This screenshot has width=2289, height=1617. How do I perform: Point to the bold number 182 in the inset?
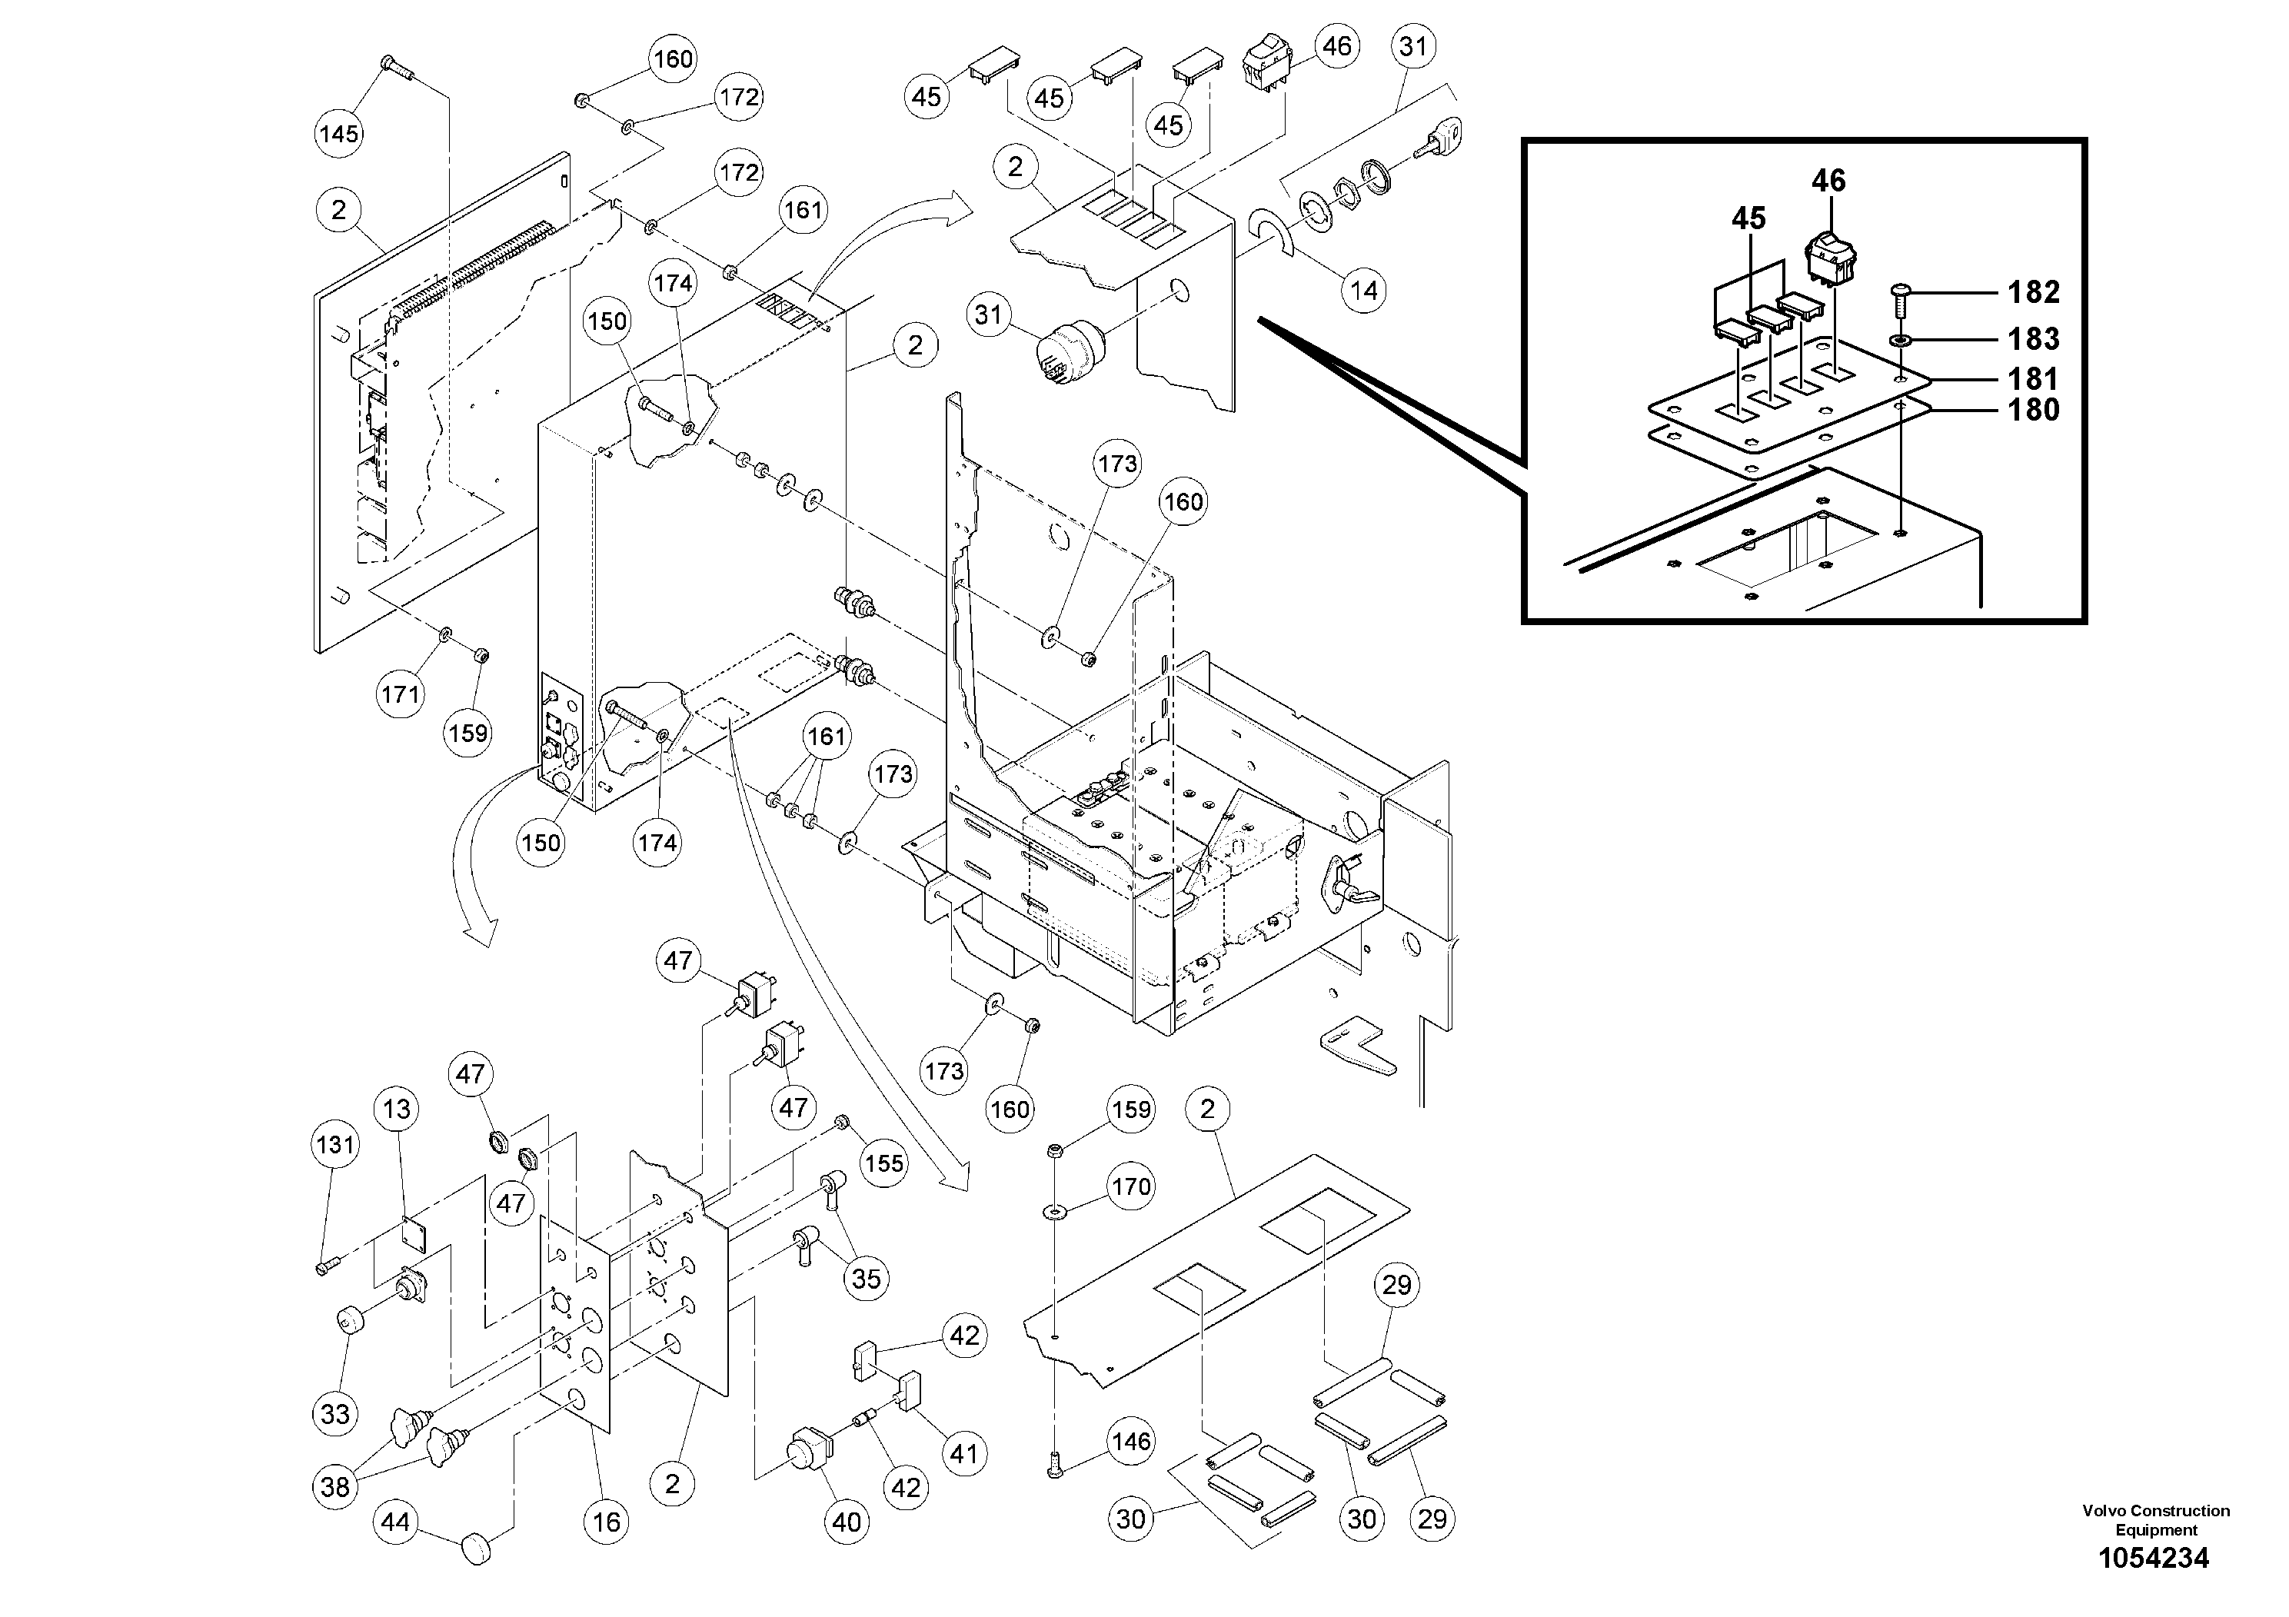point(2033,292)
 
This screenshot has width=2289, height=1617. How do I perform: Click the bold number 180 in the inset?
point(2033,410)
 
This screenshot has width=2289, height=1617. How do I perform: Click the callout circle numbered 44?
point(396,1522)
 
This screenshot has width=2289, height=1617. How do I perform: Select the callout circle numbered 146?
point(1130,1441)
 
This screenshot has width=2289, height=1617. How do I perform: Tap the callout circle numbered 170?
point(1130,1186)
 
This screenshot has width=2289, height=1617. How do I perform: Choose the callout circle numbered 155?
point(883,1163)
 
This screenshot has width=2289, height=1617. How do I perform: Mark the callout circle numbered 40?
point(847,1522)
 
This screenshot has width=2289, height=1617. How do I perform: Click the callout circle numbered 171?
point(401,693)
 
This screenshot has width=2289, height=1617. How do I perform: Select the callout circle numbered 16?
point(606,1522)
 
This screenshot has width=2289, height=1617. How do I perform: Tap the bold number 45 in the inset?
point(1748,218)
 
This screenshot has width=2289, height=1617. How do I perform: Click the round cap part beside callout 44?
point(477,1550)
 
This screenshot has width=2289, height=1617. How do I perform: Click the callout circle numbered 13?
point(397,1109)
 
